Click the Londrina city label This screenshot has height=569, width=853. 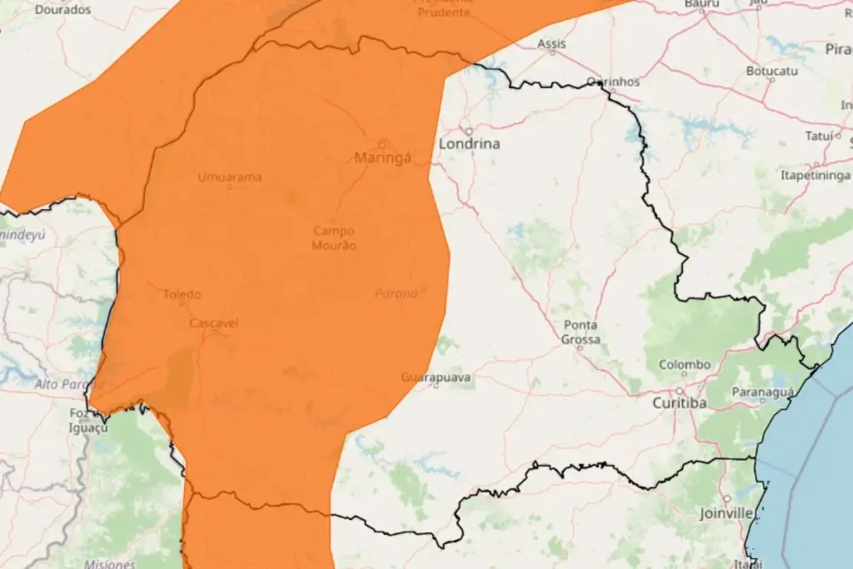(x=470, y=144)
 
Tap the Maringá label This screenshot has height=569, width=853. (x=383, y=157)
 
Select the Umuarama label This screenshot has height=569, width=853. (x=230, y=177)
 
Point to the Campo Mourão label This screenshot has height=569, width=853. (x=334, y=238)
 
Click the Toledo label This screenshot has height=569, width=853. (x=182, y=294)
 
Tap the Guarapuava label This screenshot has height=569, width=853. (x=436, y=377)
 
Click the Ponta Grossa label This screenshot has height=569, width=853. (x=581, y=332)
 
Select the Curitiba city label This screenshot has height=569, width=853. (x=680, y=403)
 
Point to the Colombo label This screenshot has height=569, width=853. (x=685, y=365)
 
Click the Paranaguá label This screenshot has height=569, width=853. (x=761, y=392)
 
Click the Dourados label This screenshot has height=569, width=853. (x=63, y=9)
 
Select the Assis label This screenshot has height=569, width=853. (x=551, y=43)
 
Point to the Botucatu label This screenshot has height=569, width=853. (x=771, y=71)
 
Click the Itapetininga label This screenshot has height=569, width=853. (x=816, y=175)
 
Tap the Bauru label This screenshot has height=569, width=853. (x=701, y=4)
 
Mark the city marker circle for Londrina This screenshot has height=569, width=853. (x=468, y=131)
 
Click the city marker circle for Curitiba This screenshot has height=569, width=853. (x=680, y=390)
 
